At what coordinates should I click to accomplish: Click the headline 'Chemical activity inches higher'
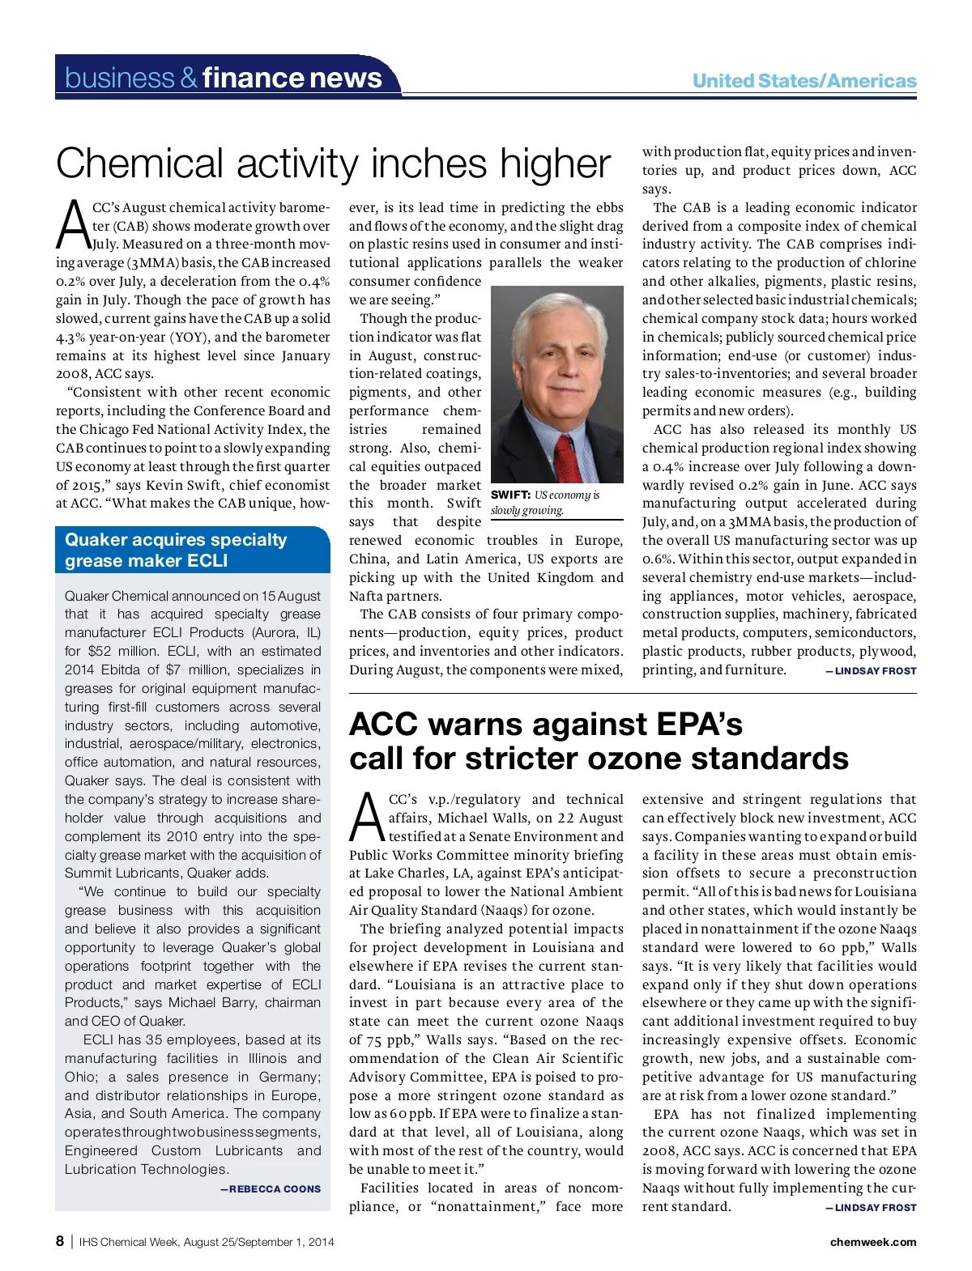click(x=333, y=164)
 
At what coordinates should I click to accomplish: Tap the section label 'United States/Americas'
click(x=804, y=81)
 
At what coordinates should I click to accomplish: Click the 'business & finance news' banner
click(x=224, y=78)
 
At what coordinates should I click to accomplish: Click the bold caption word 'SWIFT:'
click(x=510, y=495)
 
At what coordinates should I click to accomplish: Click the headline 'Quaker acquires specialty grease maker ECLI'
click(x=176, y=550)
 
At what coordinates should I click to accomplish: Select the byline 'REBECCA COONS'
click(x=275, y=1189)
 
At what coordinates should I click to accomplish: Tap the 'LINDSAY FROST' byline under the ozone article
click(x=875, y=1208)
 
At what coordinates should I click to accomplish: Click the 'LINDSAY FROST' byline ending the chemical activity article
click(x=875, y=671)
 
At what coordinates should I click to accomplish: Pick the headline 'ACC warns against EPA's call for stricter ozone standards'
click(x=599, y=742)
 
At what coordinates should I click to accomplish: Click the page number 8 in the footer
click(x=60, y=1242)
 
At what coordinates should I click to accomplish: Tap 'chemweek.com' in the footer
click(x=873, y=1242)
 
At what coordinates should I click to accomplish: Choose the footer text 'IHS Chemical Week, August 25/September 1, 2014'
click(x=207, y=1242)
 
